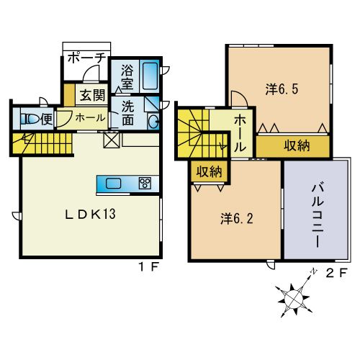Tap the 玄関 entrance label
(x=92, y=94)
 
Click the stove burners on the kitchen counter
(x=144, y=183)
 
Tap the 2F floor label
(x=336, y=274)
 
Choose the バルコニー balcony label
(x=318, y=213)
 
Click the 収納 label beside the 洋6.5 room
(x=296, y=146)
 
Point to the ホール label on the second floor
(x=240, y=130)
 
